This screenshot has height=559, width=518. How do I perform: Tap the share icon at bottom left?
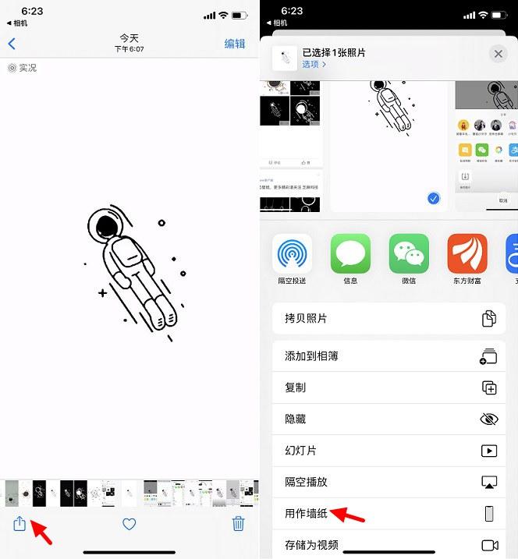coord(20,524)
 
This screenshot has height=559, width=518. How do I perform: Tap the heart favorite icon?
coord(129,524)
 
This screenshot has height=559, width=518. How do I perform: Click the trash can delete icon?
coord(239,523)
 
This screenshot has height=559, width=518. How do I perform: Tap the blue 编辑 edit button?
coord(234,44)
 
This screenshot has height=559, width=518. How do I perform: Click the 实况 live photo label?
coord(23,68)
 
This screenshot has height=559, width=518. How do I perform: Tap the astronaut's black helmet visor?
coord(105,227)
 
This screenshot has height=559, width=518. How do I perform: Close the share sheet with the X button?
coord(498,54)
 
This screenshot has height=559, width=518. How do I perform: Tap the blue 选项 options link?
coord(314,65)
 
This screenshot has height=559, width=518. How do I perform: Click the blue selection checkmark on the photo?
coord(434,199)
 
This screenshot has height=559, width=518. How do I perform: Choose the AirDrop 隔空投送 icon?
coord(292,254)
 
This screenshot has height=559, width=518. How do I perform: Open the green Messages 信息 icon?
coord(350,254)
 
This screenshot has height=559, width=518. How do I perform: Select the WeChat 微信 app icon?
coord(409,254)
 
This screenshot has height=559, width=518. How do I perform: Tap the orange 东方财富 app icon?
coord(467,254)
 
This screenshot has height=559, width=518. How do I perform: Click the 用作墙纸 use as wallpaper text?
coord(307,514)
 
